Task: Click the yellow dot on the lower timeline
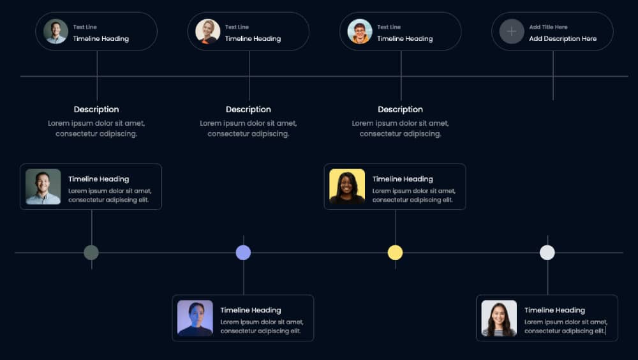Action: pos(395,253)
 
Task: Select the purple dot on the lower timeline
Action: pos(243,253)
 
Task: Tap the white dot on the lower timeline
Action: pos(547,253)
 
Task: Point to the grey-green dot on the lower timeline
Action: pos(91,253)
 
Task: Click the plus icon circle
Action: pos(512,31)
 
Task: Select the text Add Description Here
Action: pos(563,39)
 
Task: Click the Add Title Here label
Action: pos(548,27)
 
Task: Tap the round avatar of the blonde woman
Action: pos(208,31)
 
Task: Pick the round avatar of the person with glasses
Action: pos(360,31)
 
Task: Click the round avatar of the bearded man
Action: pos(56,31)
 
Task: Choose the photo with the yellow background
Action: pos(347,186)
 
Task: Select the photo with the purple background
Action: pos(195,318)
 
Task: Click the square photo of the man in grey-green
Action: pos(43,186)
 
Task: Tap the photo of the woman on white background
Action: pos(499,318)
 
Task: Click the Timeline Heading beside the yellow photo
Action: pos(403,179)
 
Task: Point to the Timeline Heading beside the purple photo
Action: pos(251,310)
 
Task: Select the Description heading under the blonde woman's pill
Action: pos(248,109)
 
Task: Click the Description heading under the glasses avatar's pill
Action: pos(401,109)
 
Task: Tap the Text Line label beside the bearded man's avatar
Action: pos(85,27)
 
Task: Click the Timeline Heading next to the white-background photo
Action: pos(554,310)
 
